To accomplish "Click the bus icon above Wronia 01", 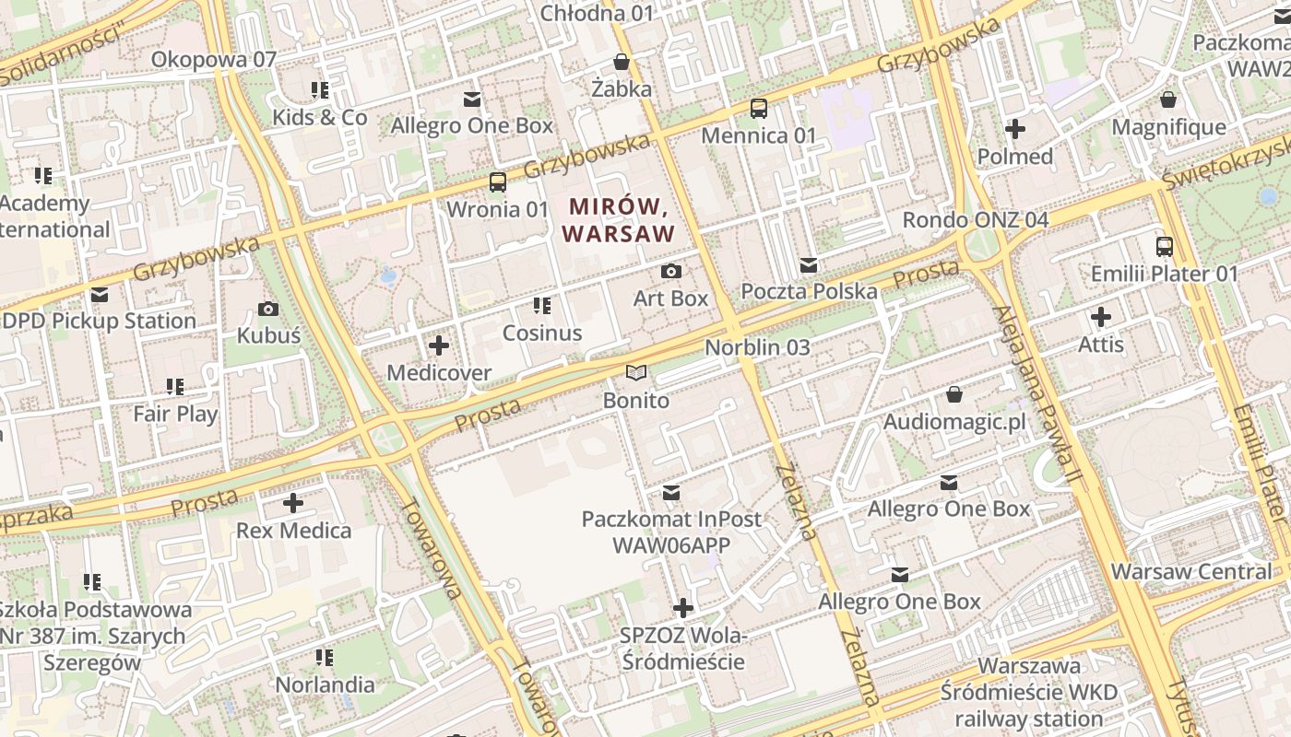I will [x=498, y=181].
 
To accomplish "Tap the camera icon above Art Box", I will [x=671, y=271].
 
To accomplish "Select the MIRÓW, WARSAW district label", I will [x=619, y=219].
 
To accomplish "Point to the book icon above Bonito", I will [x=636, y=372].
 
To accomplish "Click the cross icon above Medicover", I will [x=439, y=345].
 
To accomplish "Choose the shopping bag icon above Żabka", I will [x=622, y=63].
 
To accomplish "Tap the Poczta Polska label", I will [x=809, y=292].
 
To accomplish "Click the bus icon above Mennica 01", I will [x=759, y=108].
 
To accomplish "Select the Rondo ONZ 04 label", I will [x=975, y=220].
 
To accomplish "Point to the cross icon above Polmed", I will [x=1015, y=129].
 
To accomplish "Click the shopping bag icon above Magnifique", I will [x=1168, y=99].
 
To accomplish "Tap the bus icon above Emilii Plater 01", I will [x=1164, y=246].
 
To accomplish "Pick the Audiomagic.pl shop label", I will [x=954, y=422].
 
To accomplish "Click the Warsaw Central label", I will [x=1190, y=571].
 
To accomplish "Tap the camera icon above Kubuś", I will [x=268, y=309].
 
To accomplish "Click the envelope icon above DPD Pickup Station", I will [x=100, y=295].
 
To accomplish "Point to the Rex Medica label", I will [x=293, y=531].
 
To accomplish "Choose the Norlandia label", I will [x=325, y=684].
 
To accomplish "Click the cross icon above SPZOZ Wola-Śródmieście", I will [x=682, y=608].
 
